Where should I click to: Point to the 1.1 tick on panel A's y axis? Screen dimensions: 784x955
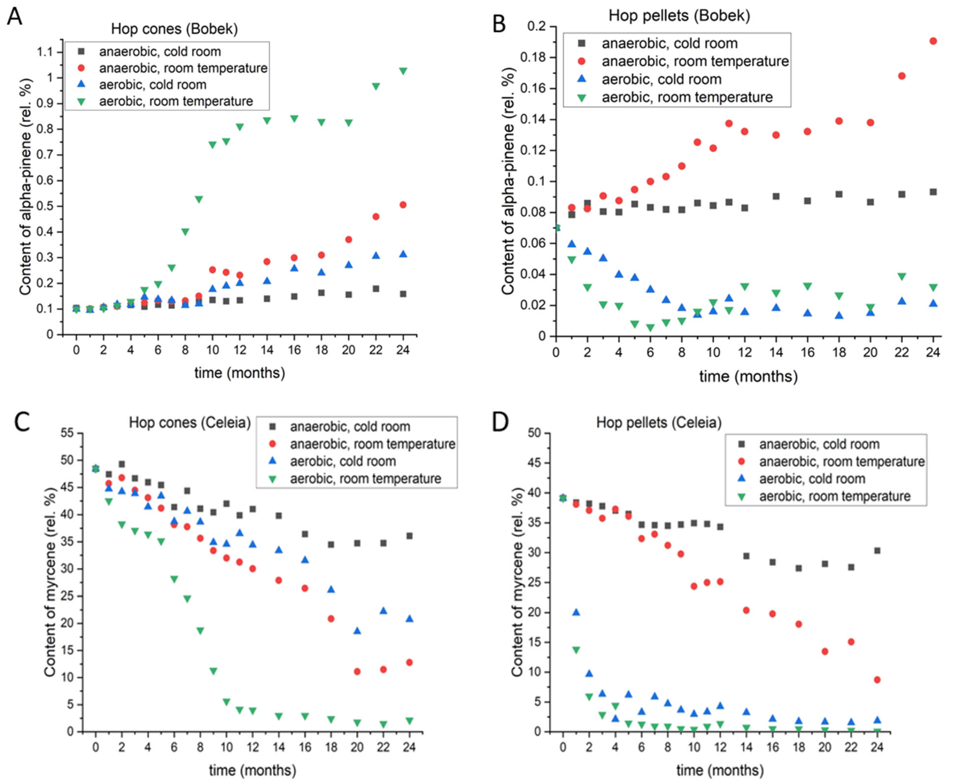45,52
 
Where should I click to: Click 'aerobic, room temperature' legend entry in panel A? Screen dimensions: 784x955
176,101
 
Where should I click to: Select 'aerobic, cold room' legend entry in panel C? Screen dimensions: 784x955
343,461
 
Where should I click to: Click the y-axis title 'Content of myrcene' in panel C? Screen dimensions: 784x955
50,583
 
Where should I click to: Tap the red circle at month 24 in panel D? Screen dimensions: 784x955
877,680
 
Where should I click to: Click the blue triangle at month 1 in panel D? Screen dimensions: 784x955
576,612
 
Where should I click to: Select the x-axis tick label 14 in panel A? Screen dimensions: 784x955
267,350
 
